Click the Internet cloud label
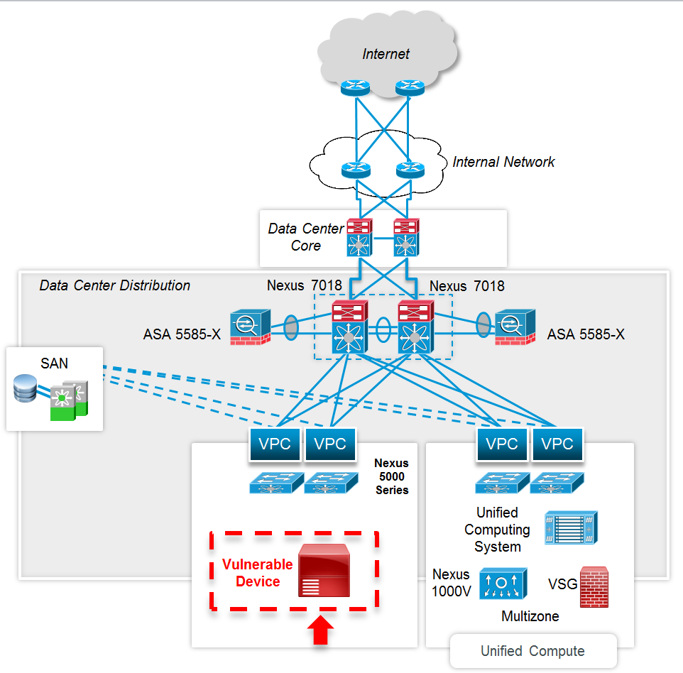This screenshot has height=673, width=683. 386,54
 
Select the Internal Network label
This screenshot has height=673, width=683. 503,162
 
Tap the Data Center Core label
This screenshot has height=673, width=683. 305,237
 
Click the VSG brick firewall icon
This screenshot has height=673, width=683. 594,587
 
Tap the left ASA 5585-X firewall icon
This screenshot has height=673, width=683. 249,327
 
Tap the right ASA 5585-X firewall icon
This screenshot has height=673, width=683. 515,327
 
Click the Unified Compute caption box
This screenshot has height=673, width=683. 532,651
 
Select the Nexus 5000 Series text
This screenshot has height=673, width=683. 392,476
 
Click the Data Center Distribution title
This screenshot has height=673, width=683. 115,285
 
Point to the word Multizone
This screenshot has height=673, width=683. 530,616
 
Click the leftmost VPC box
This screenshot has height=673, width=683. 275,444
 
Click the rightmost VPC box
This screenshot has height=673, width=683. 557,444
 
